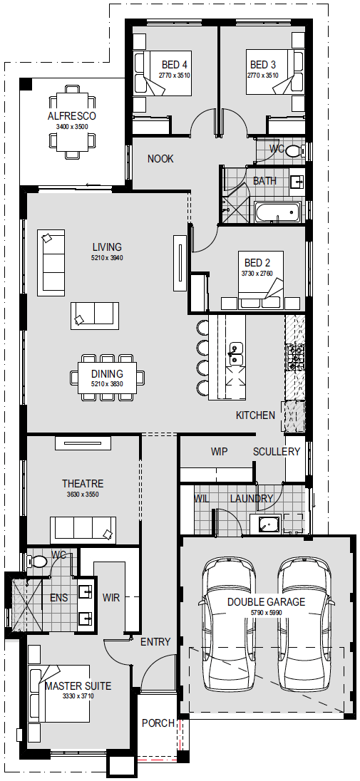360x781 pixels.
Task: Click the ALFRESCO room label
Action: pyautogui.click(x=72, y=116)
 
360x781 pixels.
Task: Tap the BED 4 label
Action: pyautogui.click(x=174, y=65)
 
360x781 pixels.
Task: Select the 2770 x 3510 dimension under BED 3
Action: pyautogui.click(x=263, y=76)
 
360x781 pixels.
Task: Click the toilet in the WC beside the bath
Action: pyautogui.click(x=295, y=150)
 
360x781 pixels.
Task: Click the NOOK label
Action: pyautogui.click(x=160, y=159)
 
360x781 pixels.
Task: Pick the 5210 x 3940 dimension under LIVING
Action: pyautogui.click(x=107, y=258)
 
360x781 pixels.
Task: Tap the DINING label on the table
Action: pyautogui.click(x=107, y=373)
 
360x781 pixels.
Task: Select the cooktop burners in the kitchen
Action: pyautogui.click(x=294, y=358)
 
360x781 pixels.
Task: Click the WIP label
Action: pyautogui.click(x=219, y=452)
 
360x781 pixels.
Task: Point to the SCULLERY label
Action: pyautogui.click(x=276, y=452)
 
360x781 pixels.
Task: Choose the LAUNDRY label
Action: pyautogui.click(x=252, y=499)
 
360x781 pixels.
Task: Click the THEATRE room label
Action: pyautogui.click(x=83, y=484)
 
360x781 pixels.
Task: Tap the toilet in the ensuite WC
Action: pyautogui.click(x=38, y=562)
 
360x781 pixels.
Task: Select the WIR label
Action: pyautogui.click(x=110, y=598)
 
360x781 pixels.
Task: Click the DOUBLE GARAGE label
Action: pyautogui.click(x=266, y=601)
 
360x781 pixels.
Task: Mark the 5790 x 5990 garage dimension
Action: pyautogui.click(x=266, y=613)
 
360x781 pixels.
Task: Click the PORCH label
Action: pyautogui.click(x=158, y=723)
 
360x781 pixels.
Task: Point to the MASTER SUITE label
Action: pyautogui.click(x=78, y=686)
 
